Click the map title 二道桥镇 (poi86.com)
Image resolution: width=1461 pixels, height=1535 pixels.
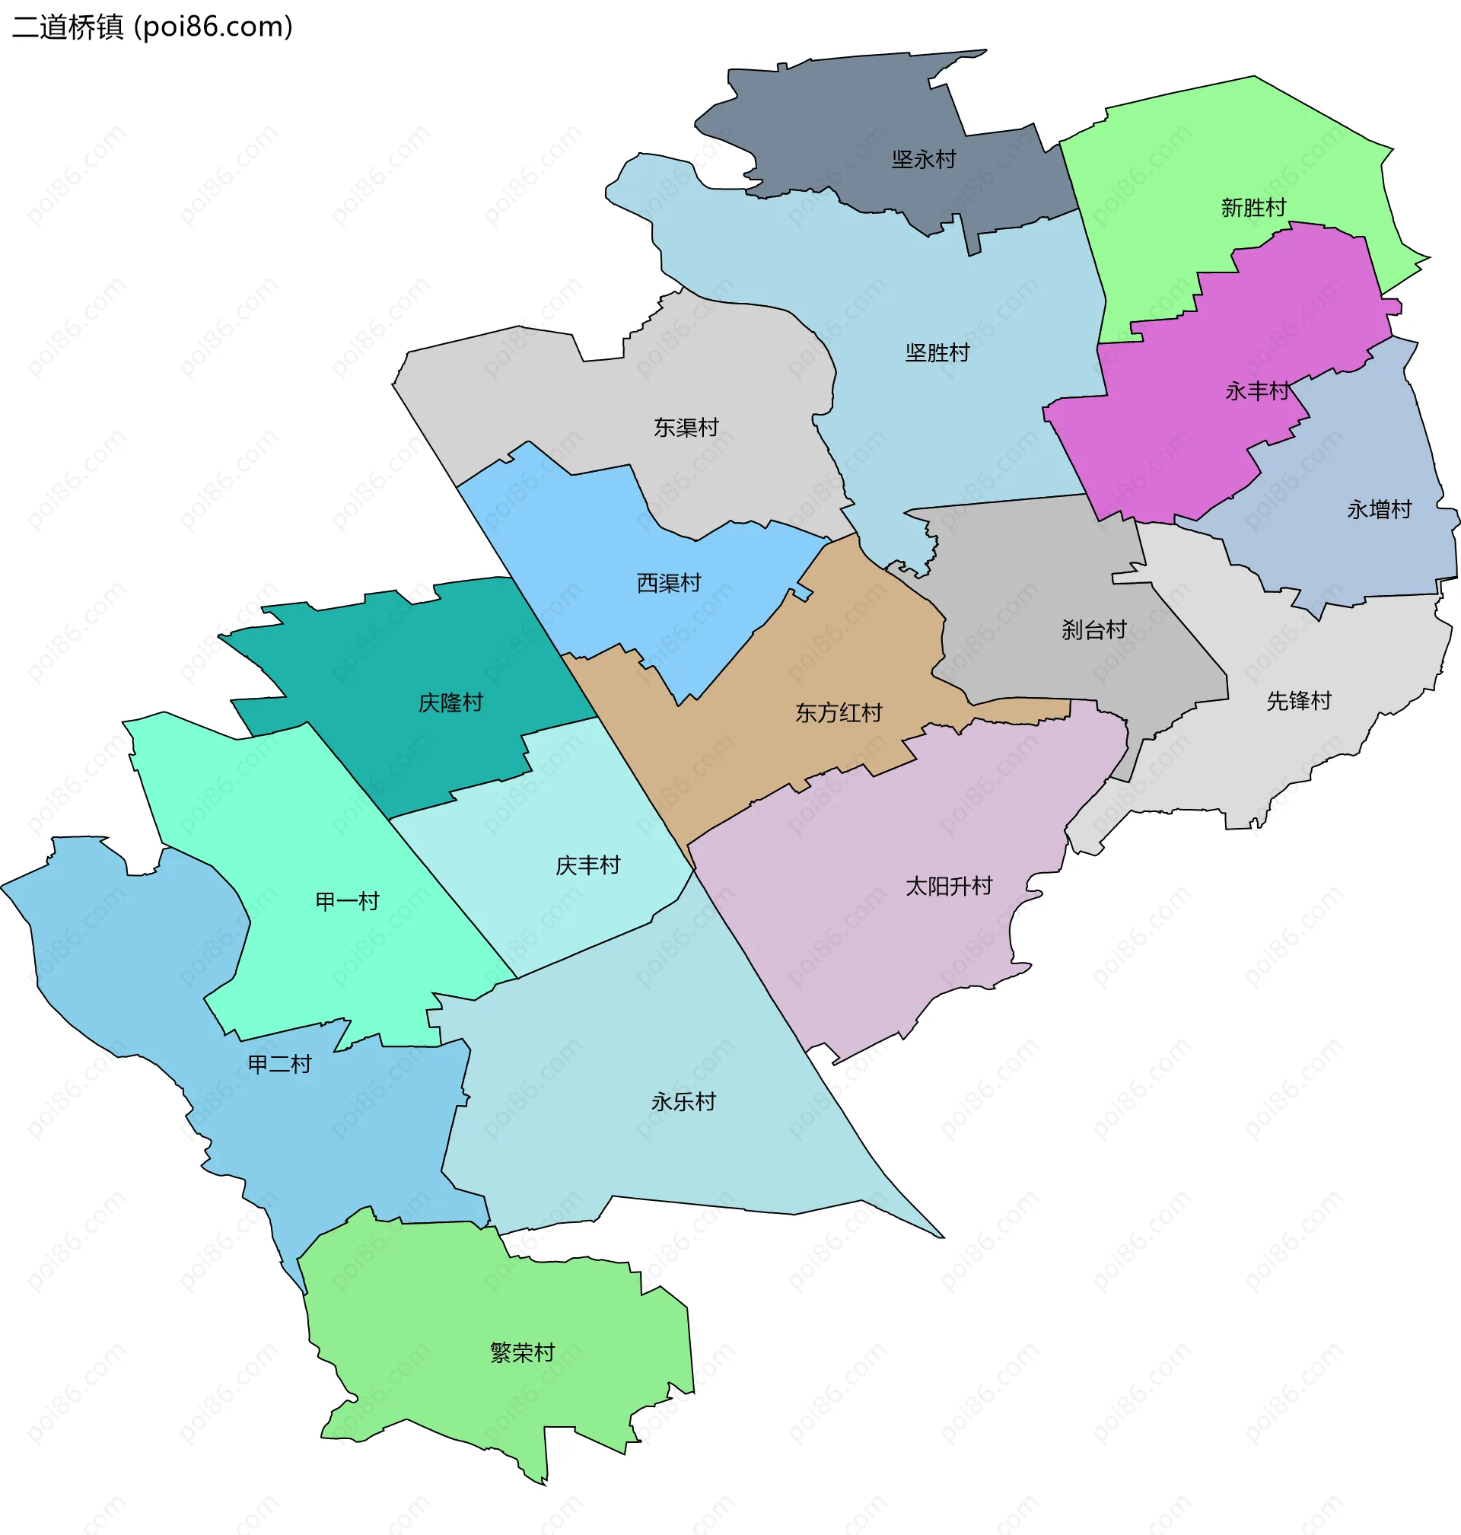point(153,27)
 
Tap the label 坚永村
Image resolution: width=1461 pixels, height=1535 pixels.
point(924,160)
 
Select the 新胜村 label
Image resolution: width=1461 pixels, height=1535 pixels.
point(1253,208)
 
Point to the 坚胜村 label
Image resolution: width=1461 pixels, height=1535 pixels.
point(937,353)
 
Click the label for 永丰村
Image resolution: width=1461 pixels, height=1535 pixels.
point(1257,391)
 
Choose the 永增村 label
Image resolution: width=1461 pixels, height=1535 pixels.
point(1380,509)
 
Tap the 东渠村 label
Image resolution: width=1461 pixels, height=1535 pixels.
point(686,428)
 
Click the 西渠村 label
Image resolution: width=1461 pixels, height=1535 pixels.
point(668,582)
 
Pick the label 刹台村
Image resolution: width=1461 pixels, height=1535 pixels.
point(1093,629)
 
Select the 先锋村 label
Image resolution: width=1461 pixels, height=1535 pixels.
point(1298,701)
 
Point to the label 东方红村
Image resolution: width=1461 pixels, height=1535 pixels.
point(838,712)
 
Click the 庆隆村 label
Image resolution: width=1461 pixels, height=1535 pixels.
point(450,702)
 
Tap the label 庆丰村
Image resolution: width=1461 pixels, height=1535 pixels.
point(587,865)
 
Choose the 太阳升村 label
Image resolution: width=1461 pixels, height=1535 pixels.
point(949,887)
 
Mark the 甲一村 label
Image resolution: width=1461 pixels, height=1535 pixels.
point(346,902)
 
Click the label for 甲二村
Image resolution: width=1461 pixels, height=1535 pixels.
point(279,1064)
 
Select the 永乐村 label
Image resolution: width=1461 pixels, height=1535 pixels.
point(683,1102)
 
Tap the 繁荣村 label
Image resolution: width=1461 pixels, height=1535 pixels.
point(522,1353)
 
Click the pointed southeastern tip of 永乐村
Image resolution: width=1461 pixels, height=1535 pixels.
point(941,1236)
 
